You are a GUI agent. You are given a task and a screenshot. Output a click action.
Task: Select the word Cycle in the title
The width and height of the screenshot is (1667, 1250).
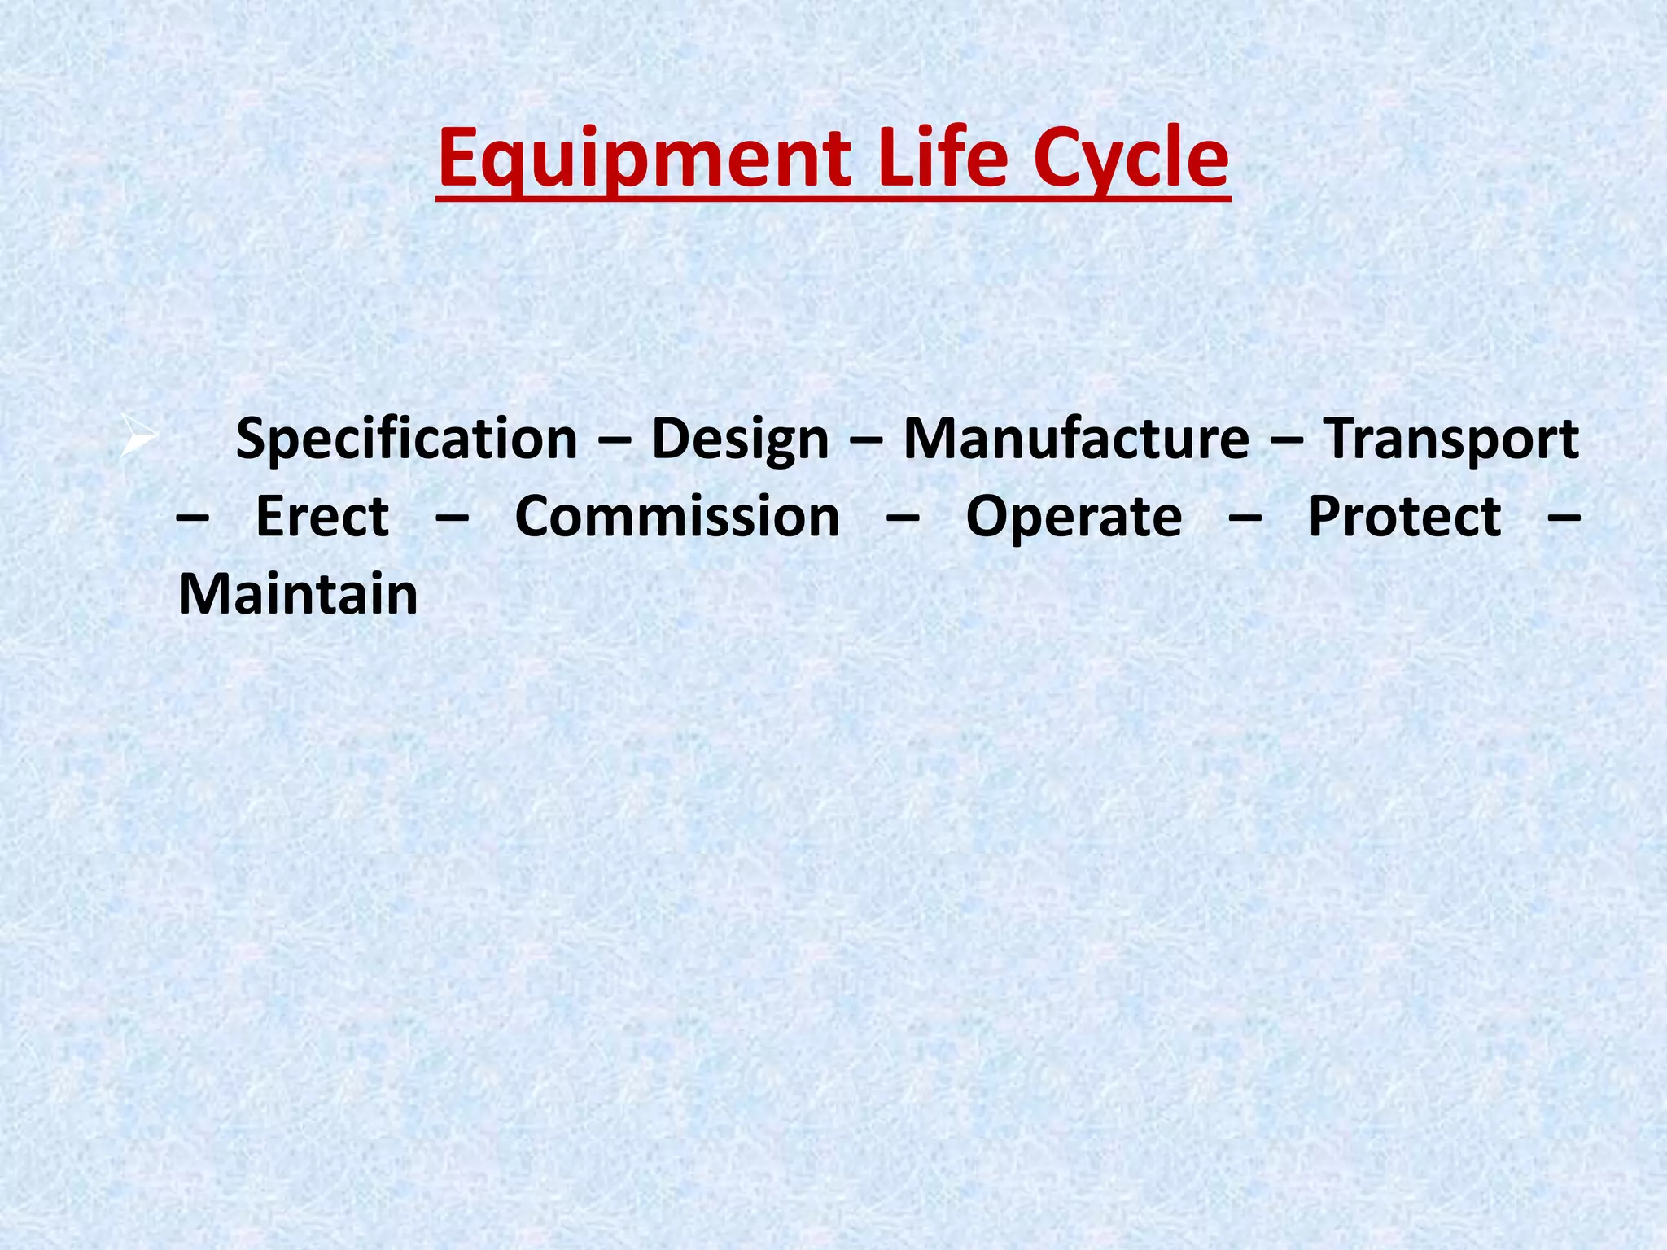1131,160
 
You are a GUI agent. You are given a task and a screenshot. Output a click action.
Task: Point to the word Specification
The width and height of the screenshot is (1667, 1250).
406,440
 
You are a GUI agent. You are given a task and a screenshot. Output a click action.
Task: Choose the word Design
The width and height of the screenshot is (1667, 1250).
740,440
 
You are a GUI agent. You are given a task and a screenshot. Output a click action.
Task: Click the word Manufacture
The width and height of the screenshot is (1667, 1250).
1076,439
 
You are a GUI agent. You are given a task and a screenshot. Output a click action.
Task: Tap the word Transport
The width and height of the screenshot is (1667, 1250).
1450,440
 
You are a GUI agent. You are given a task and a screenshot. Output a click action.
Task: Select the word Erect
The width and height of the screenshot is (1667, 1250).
322,517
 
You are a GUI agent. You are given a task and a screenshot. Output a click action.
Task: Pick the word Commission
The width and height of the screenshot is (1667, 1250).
677,517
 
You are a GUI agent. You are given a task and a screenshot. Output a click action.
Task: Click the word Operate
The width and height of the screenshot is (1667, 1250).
1074,518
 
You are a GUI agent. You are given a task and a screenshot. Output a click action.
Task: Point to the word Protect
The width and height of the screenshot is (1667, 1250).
1404,517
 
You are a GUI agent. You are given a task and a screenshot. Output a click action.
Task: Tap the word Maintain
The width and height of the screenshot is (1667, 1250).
298,594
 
